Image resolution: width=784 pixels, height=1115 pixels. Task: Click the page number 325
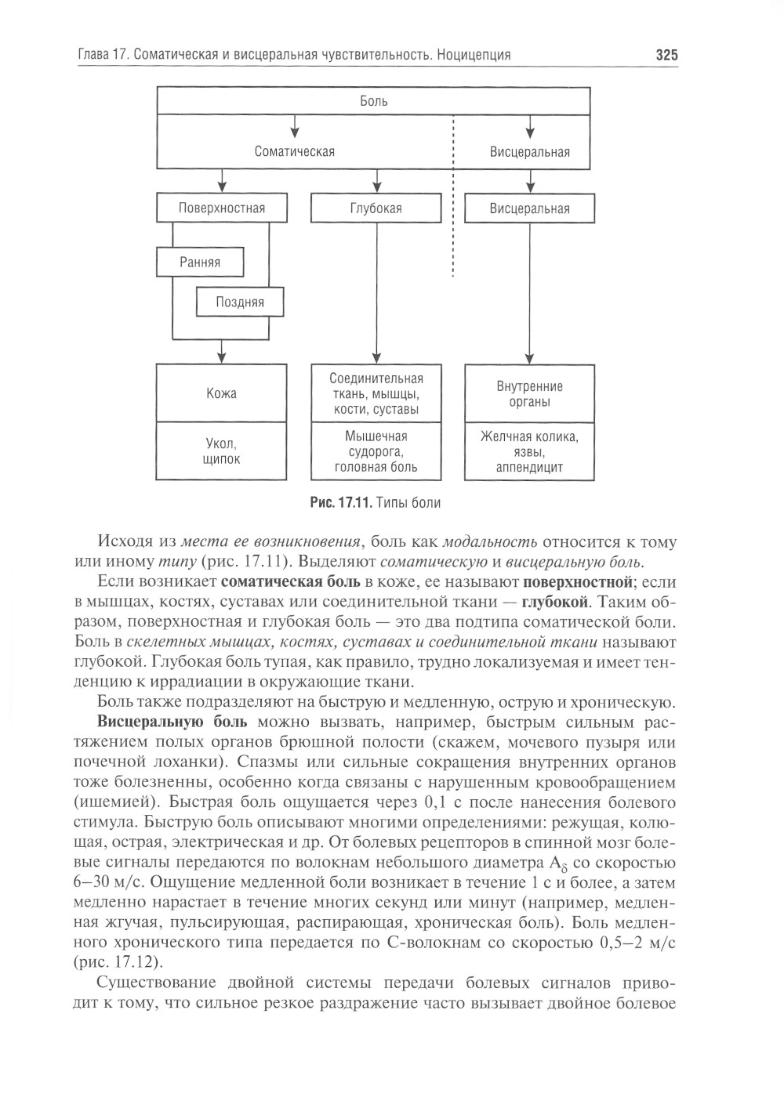coord(666,55)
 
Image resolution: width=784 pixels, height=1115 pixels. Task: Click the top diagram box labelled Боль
coord(374,101)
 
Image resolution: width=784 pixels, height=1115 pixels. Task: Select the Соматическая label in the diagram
coord(295,152)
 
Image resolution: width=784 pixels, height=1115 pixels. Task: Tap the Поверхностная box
coord(222,208)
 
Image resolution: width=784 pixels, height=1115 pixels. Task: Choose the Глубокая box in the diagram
coord(376,208)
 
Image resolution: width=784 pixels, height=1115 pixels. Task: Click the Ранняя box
coord(200,262)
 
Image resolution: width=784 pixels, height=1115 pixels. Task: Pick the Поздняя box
coord(239,302)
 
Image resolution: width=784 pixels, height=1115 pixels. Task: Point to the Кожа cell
coord(222,393)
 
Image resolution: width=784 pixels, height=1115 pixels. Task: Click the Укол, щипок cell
coord(222,451)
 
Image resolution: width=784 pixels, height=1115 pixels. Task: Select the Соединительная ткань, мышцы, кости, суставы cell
coord(376,393)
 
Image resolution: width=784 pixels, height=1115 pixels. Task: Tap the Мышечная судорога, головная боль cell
coord(376,452)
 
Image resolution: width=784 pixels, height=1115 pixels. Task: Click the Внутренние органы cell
coord(529,393)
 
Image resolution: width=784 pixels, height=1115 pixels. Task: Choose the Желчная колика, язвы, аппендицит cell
coord(529,452)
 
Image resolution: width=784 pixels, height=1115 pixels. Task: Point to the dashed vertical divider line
coord(453,204)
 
